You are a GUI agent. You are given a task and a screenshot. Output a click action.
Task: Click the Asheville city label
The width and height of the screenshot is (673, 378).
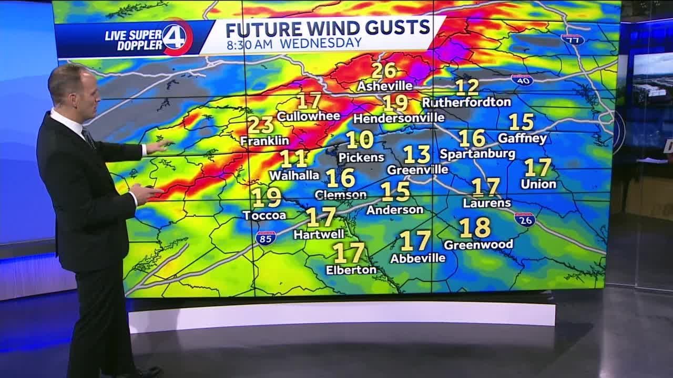(x=384, y=86)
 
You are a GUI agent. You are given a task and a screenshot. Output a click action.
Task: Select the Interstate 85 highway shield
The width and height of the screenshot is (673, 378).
(x=266, y=238)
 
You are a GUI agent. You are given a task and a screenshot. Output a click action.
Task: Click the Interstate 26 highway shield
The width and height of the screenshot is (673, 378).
(x=525, y=219)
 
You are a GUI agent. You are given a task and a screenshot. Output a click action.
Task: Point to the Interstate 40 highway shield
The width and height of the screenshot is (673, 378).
(x=522, y=80)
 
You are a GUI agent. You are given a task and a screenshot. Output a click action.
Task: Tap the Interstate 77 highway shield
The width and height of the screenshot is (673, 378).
(x=573, y=39)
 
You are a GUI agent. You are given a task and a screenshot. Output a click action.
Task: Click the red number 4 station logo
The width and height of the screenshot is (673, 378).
(x=177, y=37)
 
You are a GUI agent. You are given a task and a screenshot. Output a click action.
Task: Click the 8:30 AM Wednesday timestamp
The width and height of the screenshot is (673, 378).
(x=294, y=44)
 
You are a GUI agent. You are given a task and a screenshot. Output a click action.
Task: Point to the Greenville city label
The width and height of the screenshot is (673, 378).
(x=417, y=170)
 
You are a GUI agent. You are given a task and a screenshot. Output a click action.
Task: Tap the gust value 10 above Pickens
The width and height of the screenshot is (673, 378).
(x=360, y=140)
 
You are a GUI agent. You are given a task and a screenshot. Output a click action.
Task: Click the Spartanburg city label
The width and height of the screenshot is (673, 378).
(x=477, y=154)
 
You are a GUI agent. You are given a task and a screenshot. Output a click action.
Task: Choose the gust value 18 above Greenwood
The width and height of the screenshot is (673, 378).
(x=475, y=228)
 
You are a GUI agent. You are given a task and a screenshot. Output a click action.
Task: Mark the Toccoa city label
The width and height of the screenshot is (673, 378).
(x=264, y=215)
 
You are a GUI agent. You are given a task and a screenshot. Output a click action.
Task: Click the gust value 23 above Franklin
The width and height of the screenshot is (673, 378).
(x=261, y=125)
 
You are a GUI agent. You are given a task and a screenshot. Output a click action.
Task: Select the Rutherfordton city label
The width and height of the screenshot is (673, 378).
(x=466, y=102)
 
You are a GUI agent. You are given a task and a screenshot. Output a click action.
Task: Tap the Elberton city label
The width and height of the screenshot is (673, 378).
(x=351, y=270)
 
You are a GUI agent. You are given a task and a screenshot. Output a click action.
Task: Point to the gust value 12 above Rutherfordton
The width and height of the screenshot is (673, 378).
(x=467, y=87)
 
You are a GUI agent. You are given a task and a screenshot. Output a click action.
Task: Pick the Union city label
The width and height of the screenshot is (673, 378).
(x=538, y=184)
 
